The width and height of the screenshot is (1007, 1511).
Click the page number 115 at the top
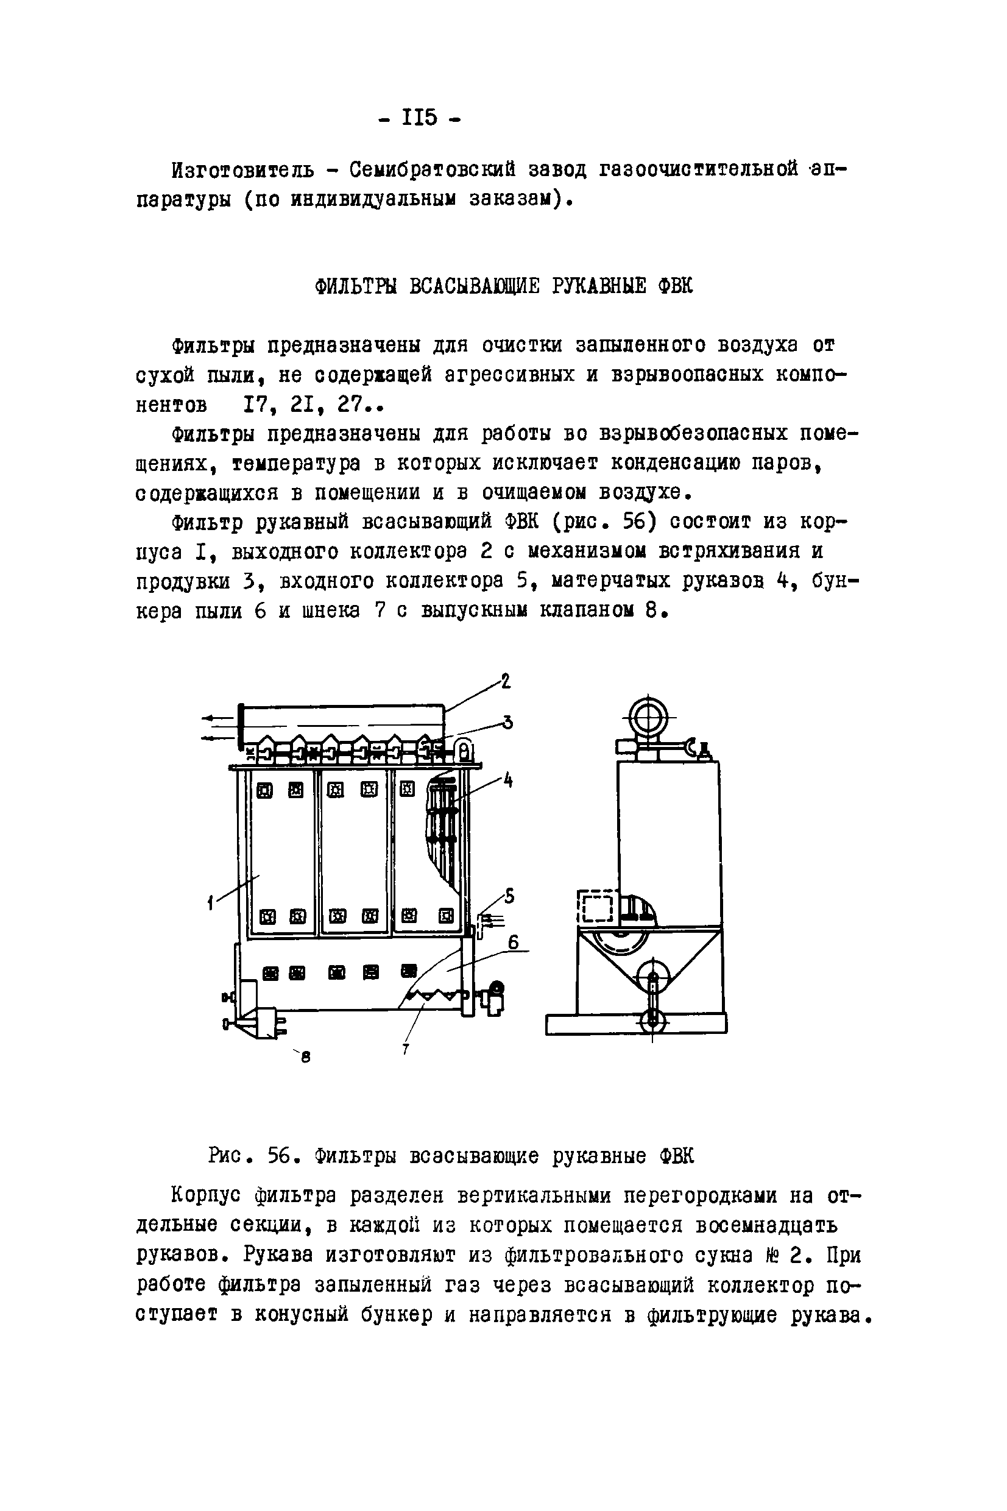(419, 118)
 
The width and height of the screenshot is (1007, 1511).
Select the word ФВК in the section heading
(675, 286)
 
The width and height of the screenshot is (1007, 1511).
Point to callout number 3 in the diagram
(507, 723)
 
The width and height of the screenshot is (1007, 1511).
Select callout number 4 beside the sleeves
(508, 782)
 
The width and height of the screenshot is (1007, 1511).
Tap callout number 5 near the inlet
(509, 895)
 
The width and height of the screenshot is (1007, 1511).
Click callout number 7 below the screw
(406, 1049)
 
